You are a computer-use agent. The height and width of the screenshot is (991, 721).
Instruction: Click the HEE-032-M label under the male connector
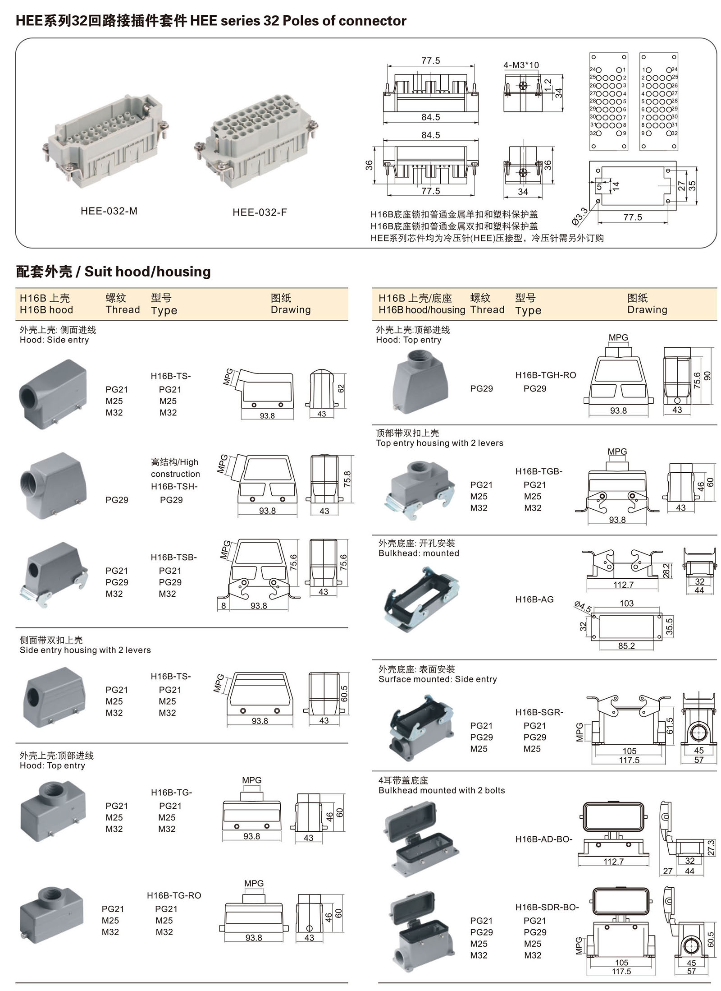point(109,211)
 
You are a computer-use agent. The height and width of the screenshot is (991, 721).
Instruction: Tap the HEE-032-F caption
point(260,212)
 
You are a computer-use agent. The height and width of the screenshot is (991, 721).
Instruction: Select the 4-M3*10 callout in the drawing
point(521,65)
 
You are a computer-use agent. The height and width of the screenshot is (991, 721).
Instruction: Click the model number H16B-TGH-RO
point(545,375)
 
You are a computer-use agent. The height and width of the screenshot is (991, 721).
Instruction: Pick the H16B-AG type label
point(534,599)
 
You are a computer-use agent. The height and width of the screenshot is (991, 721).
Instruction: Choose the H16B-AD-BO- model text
point(543,839)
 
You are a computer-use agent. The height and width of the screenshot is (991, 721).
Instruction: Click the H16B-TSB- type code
point(173,558)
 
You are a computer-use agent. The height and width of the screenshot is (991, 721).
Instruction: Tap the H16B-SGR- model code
point(539,712)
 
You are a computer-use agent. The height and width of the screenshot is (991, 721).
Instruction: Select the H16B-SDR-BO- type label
point(547,907)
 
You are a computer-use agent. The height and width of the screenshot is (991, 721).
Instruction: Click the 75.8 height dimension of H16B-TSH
point(347,479)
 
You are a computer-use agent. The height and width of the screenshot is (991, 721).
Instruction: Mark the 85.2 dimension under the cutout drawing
point(626,646)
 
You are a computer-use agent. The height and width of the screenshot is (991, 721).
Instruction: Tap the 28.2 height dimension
point(666,571)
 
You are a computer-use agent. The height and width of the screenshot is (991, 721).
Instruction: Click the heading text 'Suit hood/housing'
point(147,272)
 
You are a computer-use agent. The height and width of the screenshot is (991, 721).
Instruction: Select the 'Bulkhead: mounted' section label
point(419,553)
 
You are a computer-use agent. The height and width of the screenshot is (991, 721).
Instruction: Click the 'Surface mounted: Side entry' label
point(438,679)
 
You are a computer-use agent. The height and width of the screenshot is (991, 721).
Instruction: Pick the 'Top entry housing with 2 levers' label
point(439,443)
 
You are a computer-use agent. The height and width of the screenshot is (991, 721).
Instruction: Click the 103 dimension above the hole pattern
point(626,604)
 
